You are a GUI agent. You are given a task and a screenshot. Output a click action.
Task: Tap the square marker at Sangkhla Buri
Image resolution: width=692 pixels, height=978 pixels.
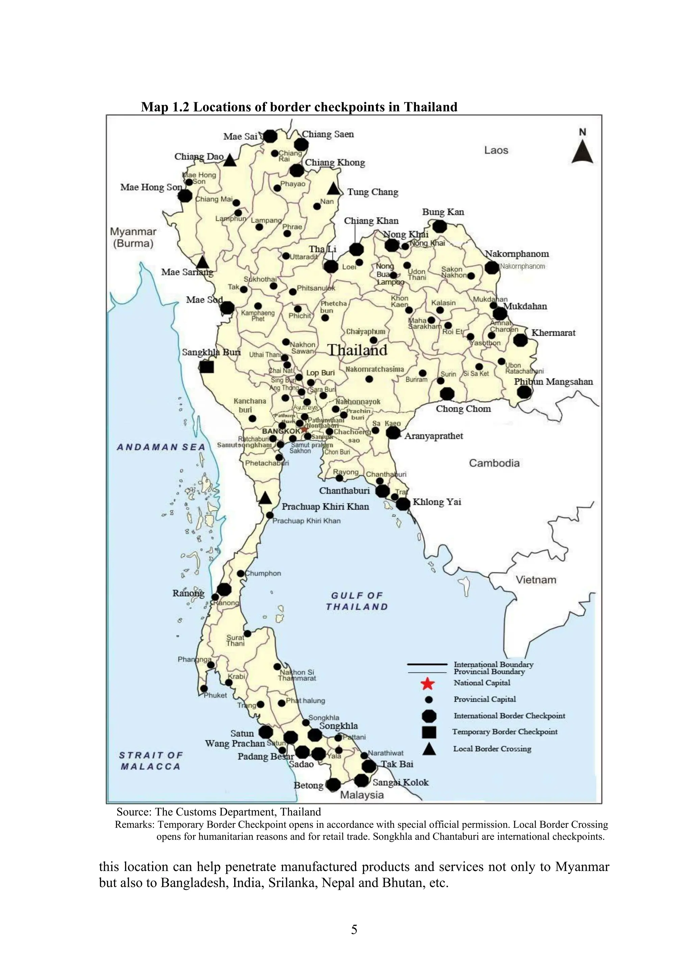(x=207, y=366)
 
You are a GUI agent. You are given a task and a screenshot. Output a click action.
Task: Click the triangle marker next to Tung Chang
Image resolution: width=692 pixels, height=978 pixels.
(x=333, y=189)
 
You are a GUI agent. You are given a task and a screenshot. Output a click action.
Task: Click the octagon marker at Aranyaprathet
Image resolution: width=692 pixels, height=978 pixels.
(x=393, y=433)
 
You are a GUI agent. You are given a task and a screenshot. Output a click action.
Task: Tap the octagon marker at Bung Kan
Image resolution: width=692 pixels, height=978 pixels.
(x=440, y=226)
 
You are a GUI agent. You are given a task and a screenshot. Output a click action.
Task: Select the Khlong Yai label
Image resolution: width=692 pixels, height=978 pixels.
(x=437, y=502)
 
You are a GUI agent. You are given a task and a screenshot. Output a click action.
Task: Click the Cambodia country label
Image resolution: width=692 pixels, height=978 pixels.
(x=494, y=463)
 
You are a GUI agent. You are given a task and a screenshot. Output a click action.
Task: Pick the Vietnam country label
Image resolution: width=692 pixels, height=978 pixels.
(x=536, y=580)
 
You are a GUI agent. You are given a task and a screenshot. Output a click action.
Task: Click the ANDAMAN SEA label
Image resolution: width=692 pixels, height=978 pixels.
(x=161, y=447)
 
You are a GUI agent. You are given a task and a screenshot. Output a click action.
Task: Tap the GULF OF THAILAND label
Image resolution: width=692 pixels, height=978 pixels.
(x=357, y=601)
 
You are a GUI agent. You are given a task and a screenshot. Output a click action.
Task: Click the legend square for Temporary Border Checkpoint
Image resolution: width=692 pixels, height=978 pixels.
(x=429, y=732)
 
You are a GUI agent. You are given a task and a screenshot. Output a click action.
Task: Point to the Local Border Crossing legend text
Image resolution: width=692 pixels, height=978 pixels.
(x=492, y=749)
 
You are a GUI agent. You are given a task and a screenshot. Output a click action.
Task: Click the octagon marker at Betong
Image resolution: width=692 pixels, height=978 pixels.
(x=333, y=784)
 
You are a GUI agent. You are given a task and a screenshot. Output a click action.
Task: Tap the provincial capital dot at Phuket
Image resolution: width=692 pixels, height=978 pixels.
(x=204, y=688)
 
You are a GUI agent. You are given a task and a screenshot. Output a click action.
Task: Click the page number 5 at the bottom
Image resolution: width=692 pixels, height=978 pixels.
(x=354, y=929)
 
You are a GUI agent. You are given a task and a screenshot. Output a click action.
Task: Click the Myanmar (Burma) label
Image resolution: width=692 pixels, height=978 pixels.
(x=133, y=238)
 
